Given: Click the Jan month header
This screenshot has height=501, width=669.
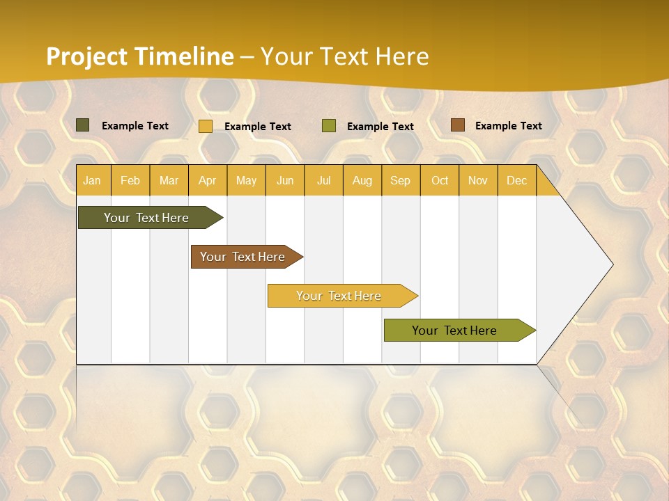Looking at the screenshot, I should point(93,180).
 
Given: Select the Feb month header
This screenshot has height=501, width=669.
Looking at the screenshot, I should point(130,180).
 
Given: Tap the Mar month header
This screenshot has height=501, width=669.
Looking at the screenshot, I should point(169,180).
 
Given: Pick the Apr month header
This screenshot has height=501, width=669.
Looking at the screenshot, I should point(208,180).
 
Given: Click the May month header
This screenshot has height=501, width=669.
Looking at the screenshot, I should point(246,180).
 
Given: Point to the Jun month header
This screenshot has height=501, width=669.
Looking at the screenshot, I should point(285,180).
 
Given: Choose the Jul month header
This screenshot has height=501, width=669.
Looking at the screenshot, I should point(323,180).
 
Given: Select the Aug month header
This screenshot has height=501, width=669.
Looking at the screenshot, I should point(362,180).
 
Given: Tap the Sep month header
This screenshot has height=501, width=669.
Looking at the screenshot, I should point(401,180).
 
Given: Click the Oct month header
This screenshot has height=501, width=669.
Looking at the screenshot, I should point(440,180).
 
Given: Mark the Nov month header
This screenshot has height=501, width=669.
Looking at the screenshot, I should point(478,180).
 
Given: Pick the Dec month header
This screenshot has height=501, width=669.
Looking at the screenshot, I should point(517,180).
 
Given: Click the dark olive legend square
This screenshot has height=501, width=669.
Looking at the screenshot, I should point(83,125).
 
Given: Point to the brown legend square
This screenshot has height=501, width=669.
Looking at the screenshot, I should point(457,125).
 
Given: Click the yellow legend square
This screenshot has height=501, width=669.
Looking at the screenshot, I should point(206,126).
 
